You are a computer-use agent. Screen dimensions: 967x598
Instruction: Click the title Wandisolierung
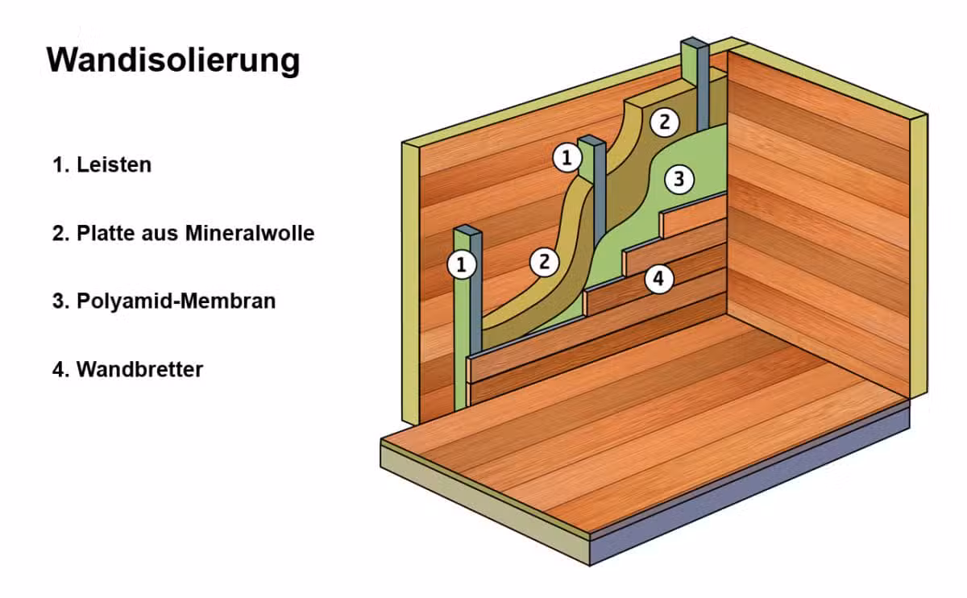pos(173,60)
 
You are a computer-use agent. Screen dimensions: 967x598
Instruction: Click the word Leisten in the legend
pos(114,164)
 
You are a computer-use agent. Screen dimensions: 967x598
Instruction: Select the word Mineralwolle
pos(250,233)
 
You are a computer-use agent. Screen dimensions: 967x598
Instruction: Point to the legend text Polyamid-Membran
pos(176,301)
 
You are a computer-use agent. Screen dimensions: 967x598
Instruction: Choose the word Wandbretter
pos(140,369)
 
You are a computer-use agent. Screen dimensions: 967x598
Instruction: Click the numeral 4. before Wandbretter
pos(61,370)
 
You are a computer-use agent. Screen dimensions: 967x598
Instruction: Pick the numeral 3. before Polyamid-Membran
pos(61,301)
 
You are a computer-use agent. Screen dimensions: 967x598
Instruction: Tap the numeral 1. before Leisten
pos(61,165)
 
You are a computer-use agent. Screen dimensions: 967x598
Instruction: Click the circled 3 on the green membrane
pos(679,179)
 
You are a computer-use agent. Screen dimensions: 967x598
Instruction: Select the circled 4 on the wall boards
pos(659,279)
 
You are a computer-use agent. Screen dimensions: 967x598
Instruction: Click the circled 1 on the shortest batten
pos(462,264)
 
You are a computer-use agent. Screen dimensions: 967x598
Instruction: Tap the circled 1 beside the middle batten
pos(567,158)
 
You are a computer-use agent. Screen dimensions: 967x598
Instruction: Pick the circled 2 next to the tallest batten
pos(664,123)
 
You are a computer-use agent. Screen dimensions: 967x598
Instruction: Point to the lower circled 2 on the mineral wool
pos(544,262)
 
